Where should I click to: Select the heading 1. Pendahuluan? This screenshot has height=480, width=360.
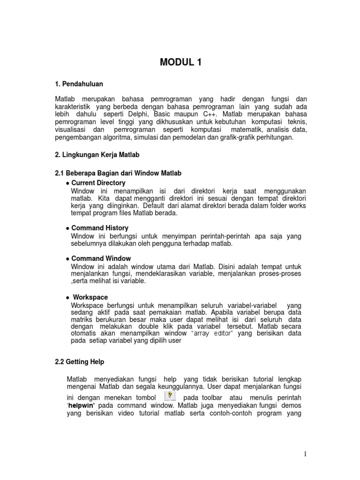(x=79, y=84)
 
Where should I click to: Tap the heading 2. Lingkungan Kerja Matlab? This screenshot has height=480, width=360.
(x=97, y=154)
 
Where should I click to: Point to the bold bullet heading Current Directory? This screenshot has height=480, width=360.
(x=98, y=183)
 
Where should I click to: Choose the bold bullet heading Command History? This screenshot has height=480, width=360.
(x=100, y=228)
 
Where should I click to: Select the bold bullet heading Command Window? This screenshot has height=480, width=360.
(x=101, y=258)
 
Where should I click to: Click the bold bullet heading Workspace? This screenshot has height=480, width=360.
(x=90, y=297)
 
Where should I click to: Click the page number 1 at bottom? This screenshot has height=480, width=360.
(x=304, y=453)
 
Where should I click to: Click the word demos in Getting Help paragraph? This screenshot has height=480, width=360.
(x=292, y=405)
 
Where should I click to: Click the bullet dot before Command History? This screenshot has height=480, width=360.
(x=67, y=228)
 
